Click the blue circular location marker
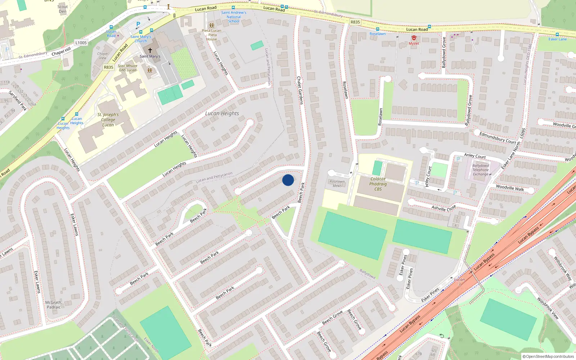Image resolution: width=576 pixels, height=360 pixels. tap(288, 180)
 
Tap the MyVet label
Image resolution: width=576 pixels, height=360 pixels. tap(414, 44)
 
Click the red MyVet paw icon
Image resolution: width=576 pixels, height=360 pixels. tap(414, 38)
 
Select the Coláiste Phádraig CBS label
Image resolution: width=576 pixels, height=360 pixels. tap(378, 184)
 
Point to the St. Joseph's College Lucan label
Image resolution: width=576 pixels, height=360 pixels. tap(108, 120)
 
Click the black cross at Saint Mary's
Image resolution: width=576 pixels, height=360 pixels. tap(150, 50)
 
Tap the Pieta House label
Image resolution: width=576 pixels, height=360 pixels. tap(212, 35)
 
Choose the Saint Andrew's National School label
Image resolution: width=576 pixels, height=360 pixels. tap(234, 17)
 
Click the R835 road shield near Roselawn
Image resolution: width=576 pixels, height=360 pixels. tap(355, 22)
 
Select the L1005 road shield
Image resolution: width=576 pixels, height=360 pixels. tap(81, 42)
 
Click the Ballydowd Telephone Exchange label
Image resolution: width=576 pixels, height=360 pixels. tap(481, 170)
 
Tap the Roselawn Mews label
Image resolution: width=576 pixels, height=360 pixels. tap(337, 184)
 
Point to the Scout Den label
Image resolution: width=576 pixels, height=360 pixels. tap(63, 9)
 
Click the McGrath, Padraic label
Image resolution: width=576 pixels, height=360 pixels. tap(54, 305)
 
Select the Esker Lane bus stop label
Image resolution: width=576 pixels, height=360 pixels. tap(557, 39)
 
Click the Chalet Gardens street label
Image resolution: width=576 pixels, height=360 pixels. tap(300, 90)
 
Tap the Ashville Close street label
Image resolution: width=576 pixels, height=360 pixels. tap(444, 208)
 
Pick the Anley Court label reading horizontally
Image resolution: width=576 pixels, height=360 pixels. tap(475, 156)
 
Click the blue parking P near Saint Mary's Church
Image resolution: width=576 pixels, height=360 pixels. tap(138, 24)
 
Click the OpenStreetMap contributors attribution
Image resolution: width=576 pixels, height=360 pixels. tap(548, 357)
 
